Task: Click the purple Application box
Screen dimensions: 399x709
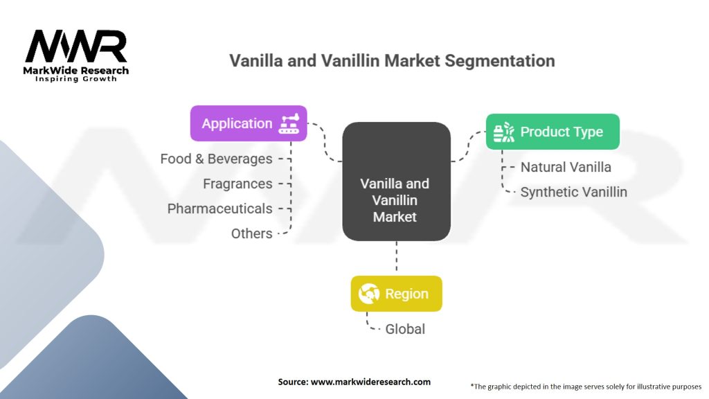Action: point(248,123)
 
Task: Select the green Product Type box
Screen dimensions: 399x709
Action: point(552,132)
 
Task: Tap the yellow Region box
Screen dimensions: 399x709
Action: point(396,294)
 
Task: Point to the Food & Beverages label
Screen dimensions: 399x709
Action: point(216,159)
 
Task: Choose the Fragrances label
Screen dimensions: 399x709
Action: point(237,184)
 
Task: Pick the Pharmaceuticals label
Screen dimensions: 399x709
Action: point(219,209)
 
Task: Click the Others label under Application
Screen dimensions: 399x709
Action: point(251,233)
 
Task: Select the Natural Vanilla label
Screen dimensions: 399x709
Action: point(566,167)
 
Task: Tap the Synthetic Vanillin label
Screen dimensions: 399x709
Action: point(573,192)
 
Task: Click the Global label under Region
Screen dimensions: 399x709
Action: point(405,328)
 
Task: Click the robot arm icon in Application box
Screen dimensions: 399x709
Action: point(289,123)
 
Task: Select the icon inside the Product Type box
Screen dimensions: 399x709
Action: point(503,132)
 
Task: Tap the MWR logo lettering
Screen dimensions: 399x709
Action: point(76,47)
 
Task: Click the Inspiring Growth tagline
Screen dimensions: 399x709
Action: point(76,79)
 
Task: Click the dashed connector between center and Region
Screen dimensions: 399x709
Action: point(396,258)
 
